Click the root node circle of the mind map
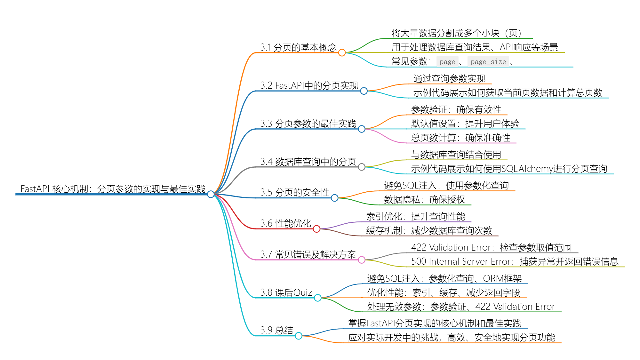point(211,194)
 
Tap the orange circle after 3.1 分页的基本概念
point(342,52)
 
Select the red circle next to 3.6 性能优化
point(316,229)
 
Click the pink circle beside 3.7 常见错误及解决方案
point(362,260)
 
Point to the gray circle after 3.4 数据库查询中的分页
point(362,167)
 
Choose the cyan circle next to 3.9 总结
point(299,336)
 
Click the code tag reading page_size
point(488,62)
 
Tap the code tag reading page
point(447,62)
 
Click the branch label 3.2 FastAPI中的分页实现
point(309,85)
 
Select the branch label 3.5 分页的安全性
point(294,192)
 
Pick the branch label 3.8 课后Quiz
point(286,292)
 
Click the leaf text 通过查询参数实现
point(449,79)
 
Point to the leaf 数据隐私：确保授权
point(424,200)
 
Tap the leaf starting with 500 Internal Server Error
point(515,262)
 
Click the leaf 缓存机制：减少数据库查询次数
point(429,231)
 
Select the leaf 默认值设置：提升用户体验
point(465,124)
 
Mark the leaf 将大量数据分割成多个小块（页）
point(456,33)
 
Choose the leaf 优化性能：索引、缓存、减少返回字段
point(444,293)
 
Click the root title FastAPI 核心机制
point(54,189)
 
